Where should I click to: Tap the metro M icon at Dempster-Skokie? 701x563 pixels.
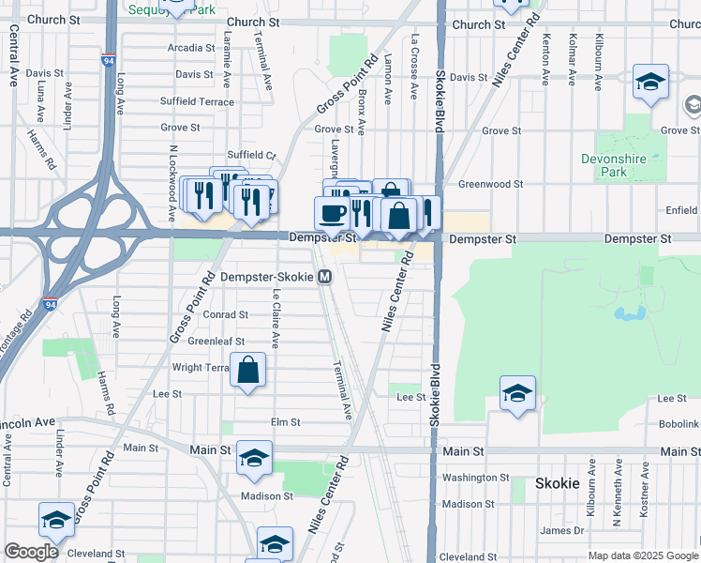[x=325, y=278]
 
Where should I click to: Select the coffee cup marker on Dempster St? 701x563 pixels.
[x=332, y=213]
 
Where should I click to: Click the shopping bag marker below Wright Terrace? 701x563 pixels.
[x=249, y=371]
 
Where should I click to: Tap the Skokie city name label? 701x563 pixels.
[x=559, y=484]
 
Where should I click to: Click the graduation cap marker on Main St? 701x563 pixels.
[x=253, y=458]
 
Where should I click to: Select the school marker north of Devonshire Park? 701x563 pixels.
[x=649, y=83]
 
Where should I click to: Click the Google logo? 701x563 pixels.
[x=31, y=552]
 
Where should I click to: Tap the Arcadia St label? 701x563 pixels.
[x=191, y=48]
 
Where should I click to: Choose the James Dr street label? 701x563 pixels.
[x=562, y=530]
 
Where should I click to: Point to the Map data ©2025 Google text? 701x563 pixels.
[x=642, y=555]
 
